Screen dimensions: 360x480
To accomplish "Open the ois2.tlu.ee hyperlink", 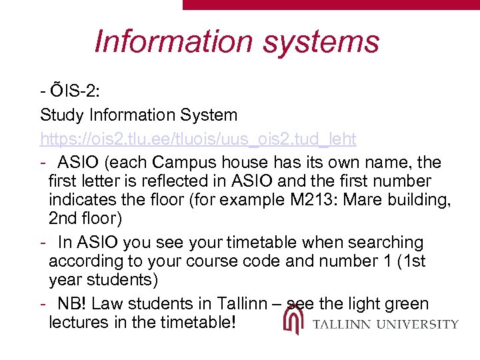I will pyautogui.click(x=198, y=139).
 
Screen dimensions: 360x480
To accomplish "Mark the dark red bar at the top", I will pyautogui.click(x=331, y=4).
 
